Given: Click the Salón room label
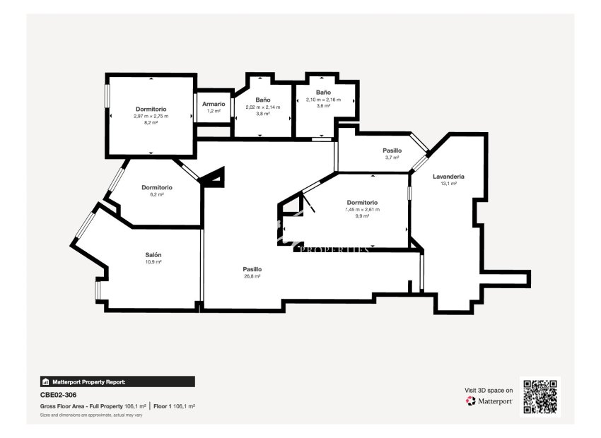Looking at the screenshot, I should [153, 255].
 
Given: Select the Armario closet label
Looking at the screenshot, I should [214, 104].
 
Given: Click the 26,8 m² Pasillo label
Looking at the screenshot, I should [252, 269].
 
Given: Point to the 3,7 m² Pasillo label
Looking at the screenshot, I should [392, 150].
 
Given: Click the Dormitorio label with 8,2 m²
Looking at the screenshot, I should [151, 109].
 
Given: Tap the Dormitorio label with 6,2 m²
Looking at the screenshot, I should [156, 187].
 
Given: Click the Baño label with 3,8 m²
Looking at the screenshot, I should [263, 100].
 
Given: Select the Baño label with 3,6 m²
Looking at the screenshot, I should [323, 93].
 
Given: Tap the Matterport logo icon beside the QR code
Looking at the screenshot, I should [471, 401].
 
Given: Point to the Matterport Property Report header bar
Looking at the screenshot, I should [117, 381].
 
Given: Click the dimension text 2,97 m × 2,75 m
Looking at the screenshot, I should [151, 116].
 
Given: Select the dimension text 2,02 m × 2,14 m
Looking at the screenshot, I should [263, 107].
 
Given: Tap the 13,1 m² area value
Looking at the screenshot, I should [448, 183].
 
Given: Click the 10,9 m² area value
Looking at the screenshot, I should [153, 262].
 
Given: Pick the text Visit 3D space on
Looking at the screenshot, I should [489, 390].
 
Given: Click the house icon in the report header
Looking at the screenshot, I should [46, 381].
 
